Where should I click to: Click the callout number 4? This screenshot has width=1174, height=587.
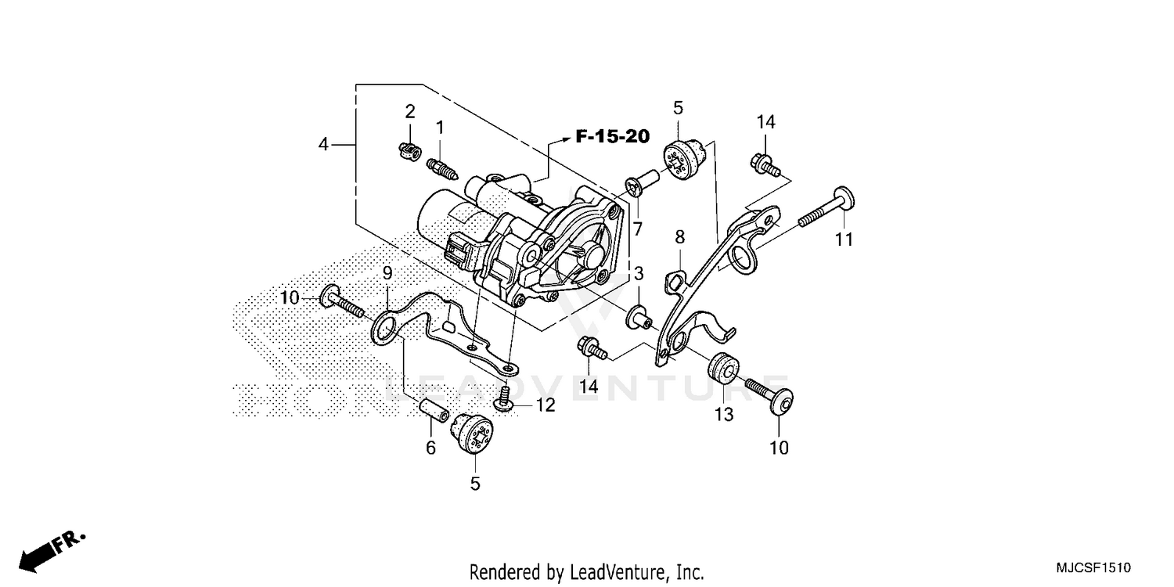323,145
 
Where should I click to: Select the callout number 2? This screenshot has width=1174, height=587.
409,112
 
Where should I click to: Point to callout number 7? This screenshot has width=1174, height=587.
638,229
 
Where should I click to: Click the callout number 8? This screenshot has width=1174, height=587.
679,236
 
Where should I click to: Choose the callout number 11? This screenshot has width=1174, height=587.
843,240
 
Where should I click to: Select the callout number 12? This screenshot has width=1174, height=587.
545,405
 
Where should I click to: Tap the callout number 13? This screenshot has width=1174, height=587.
724,415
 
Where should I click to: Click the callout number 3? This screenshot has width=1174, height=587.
639,273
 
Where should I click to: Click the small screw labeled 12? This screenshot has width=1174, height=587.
504,397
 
